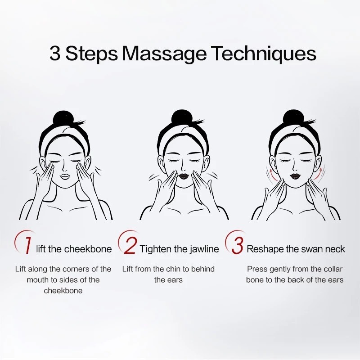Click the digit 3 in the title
(55, 53)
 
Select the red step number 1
(28, 245)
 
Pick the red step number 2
(130, 246)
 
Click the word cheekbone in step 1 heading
(88, 249)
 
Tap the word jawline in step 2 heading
(204, 249)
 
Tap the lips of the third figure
(295, 176)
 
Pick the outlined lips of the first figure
(65, 177)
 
